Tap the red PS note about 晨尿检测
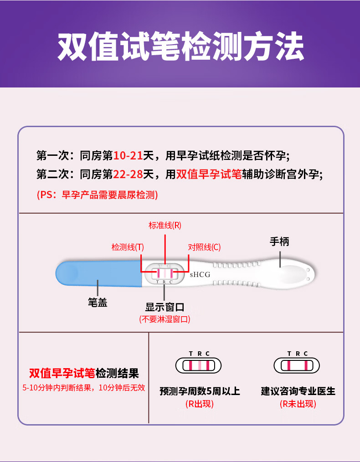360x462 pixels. point(97,195)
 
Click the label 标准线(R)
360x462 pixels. point(165,225)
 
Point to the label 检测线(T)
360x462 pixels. point(128,247)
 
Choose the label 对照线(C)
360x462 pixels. point(204,247)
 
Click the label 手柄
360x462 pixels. point(279,241)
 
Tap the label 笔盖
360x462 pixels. point(98,302)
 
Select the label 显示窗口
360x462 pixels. point(165,308)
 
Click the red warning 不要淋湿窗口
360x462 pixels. point(165,319)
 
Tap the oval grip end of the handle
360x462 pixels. point(292,274)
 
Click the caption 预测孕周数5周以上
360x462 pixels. point(200,391)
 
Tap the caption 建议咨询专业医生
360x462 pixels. point(298,391)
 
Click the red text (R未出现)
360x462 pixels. point(298,404)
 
